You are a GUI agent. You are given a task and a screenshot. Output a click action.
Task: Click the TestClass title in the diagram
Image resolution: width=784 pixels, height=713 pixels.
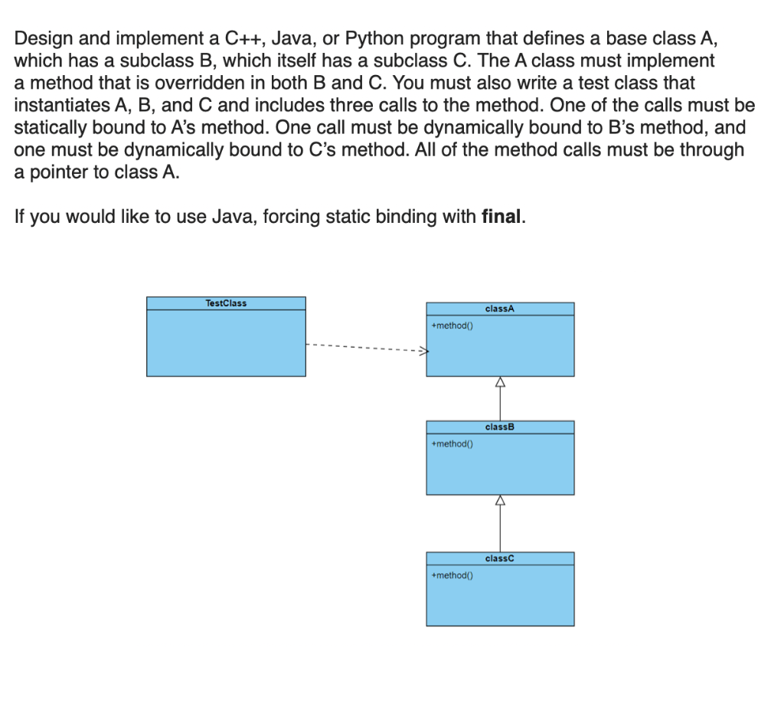tap(226, 303)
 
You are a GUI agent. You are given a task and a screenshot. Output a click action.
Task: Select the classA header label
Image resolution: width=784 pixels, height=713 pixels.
tap(500, 309)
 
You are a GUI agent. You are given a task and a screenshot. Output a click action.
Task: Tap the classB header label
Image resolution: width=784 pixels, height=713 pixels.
tap(500, 427)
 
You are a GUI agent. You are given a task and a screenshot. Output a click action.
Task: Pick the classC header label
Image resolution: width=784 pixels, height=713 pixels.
tap(500, 558)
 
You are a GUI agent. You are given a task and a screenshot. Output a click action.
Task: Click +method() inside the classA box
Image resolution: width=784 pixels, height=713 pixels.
tap(452, 325)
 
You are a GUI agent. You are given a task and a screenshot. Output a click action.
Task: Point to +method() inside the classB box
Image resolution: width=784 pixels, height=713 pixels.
tap(452, 443)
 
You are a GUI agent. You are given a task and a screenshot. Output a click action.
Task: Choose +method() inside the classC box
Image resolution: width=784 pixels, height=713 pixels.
tap(452, 575)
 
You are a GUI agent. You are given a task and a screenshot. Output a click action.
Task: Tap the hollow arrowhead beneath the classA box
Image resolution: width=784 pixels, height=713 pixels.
tap(501, 381)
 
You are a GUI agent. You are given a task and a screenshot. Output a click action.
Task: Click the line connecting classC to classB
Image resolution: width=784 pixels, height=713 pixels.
tap(501, 528)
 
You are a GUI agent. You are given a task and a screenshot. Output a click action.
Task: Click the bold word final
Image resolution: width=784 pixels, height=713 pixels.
tap(501, 217)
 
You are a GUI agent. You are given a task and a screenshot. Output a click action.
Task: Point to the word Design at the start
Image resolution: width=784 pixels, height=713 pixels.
tap(44, 38)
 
